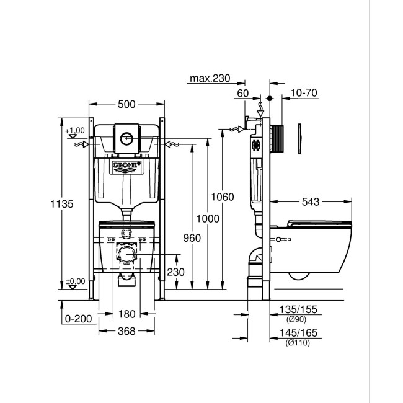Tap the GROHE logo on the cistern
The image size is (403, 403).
pyautogui.click(x=126, y=166)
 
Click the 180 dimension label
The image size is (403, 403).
pyautogui.click(x=126, y=315)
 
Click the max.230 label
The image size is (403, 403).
pyautogui.click(x=210, y=78)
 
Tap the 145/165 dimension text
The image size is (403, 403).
pyautogui.click(x=295, y=333)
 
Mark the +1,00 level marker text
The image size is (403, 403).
pyautogui.click(x=74, y=131)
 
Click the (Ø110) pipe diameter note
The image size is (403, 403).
pyautogui.click(x=294, y=343)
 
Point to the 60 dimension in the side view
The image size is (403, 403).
pyautogui.click(x=242, y=93)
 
